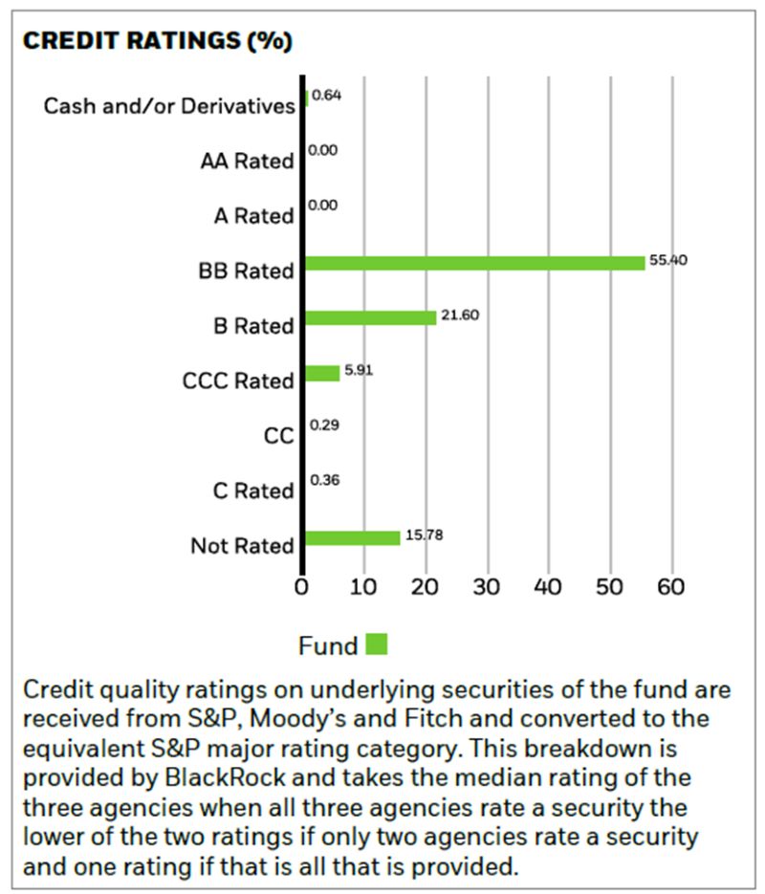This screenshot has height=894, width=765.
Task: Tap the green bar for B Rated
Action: pyautogui.click(x=371, y=317)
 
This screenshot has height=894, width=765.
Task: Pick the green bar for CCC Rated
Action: pyautogui.click(x=322, y=373)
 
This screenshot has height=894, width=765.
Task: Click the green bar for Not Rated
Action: pyautogui.click(x=352, y=537)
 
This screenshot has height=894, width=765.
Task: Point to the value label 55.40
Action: pyautogui.click(x=667, y=261)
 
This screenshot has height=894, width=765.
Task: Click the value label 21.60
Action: pyautogui.click(x=458, y=316)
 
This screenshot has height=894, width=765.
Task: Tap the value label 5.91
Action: pyautogui.click(x=359, y=370)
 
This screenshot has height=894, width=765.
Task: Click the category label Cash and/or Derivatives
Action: pyautogui.click(x=169, y=105)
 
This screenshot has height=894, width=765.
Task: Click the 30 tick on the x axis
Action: pyautogui.click(x=487, y=586)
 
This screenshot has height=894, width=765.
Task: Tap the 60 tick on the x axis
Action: pyautogui.click(x=671, y=586)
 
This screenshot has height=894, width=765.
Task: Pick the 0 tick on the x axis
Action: pyautogui.click(x=302, y=586)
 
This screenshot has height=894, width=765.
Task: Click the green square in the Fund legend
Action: pyautogui.click(x=377, y=644)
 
